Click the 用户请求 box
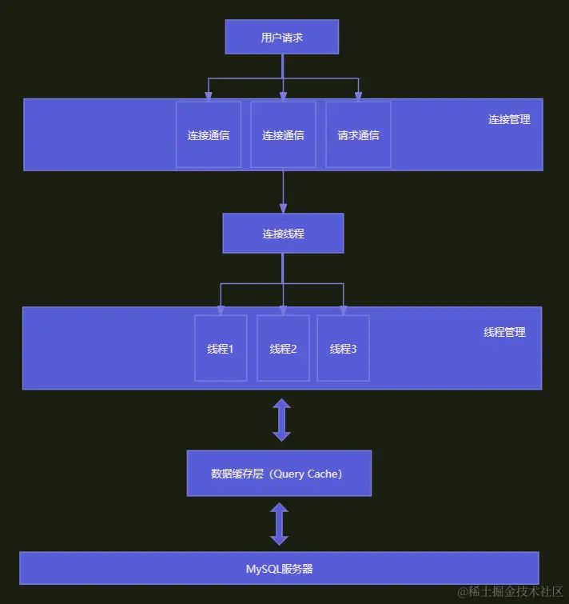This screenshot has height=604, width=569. (x=282, y=37)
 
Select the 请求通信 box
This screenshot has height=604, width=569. (x=358, y=134)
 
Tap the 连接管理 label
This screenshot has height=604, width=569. (x=509, y=119)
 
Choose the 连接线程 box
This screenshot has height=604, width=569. (x=283, y=234)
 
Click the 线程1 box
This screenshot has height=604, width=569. (x=221, y=348)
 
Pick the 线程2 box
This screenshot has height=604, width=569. (x=283, y=348)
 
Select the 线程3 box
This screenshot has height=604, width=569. (x=344, y=348)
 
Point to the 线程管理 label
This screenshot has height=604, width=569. (x=504, y=332)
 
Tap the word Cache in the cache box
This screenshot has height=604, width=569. (x=323, y=474)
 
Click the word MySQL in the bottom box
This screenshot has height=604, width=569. (x=263, y=570)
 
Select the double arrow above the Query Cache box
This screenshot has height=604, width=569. (x=281, y=420)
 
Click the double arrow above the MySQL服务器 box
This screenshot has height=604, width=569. (x=279, y=524)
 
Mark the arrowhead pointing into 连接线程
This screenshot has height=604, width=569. (x=283, y=208)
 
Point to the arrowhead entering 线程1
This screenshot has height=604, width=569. (x=221, y=310)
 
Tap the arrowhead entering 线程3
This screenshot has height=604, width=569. (x=344, y=310)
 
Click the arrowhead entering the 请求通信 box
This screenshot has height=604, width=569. (x=358, y=96)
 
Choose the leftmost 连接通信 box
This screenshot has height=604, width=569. (x=209, y=134)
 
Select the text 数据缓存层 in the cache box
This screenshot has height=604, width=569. (x=237, y=474)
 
